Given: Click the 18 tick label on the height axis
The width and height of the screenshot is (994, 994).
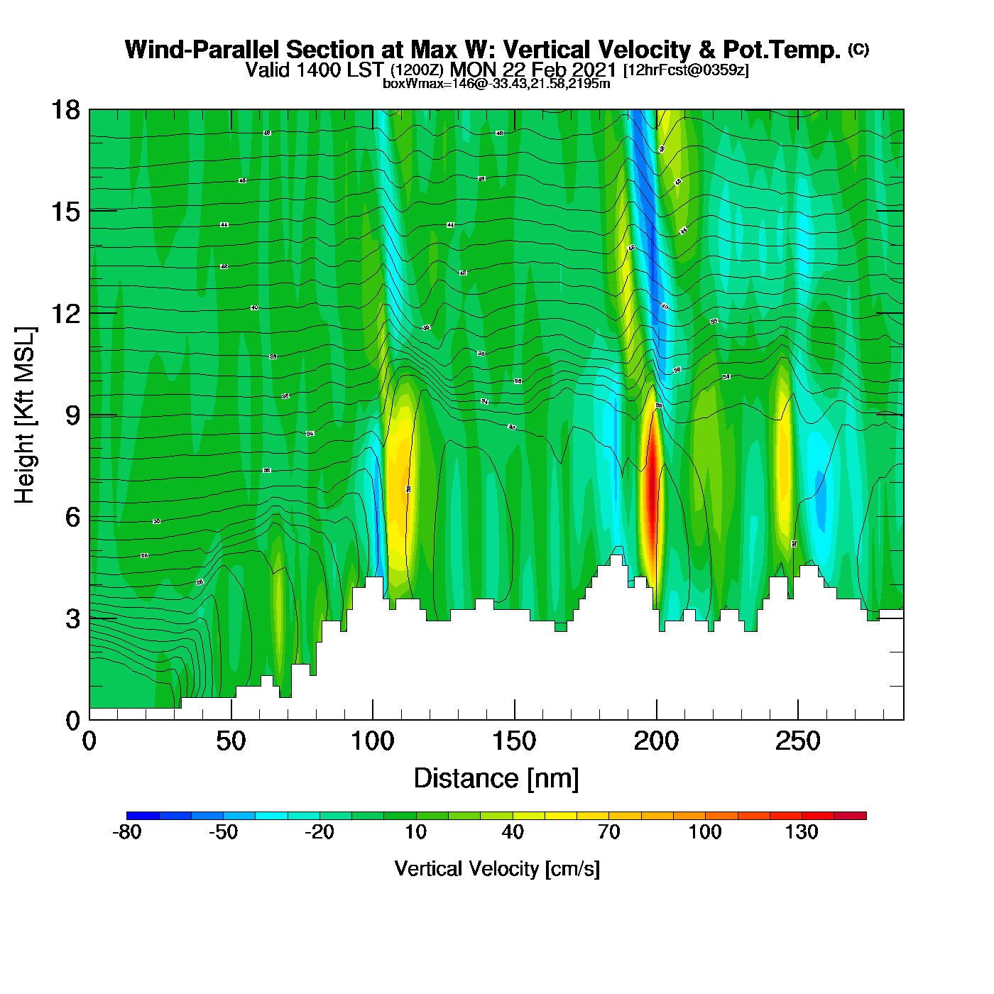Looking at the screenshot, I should [x=65, y=110].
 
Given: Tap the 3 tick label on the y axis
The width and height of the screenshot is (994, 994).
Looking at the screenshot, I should [x=72, y=619].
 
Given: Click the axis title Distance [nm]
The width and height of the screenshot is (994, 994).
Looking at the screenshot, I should [x=496, y=779].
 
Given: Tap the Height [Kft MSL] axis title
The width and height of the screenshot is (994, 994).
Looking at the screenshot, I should [x=25, y=415].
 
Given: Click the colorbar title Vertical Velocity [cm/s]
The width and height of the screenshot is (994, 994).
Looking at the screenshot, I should [x=497, y=869].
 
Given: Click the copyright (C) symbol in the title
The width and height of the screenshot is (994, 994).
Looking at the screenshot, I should [x=858, y=49].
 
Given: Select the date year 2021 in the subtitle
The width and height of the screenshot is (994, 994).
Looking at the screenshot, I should [x=594, y=70].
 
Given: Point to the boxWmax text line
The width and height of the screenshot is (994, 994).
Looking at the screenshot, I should [x=496, y=84].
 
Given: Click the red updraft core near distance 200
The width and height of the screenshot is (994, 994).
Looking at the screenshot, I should [x=652, y=497].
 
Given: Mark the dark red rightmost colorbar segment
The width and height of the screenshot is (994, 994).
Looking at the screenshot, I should [x=850, y=816].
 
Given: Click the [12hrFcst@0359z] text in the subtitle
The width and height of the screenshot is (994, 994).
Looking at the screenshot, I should [x=686, y=70].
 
